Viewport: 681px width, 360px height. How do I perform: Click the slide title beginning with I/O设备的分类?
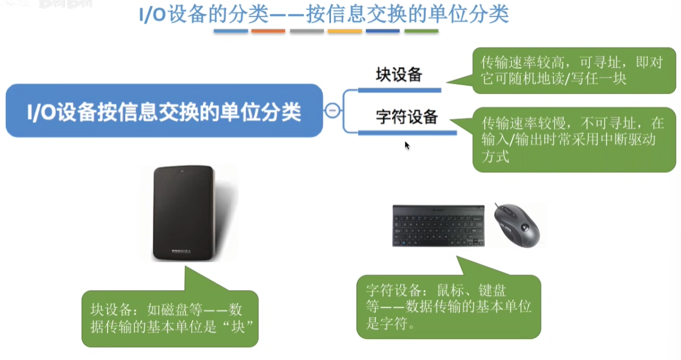pos(323,14)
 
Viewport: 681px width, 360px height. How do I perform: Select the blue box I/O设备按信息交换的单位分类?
pos(164,111)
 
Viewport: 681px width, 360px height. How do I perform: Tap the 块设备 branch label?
pos(399,75)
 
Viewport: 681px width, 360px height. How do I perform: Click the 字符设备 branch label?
pos(407,117)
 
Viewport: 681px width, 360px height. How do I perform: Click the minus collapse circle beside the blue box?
pos(333,111)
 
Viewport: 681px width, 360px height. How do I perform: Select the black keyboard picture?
pos(438,225)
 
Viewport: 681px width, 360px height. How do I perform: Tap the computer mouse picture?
pos(515,225)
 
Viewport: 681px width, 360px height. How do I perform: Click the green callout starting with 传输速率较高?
pos(573,70)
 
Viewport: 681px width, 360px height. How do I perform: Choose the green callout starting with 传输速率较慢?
pos(573,140)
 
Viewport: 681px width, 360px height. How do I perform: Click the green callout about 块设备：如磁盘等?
pos(170,318)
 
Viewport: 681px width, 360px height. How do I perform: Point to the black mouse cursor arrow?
pos(407,145)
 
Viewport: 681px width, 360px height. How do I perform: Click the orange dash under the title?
pos(268,31)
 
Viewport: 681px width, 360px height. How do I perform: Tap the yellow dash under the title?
pos(345,31)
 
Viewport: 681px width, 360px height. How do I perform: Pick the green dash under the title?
pos(421,31)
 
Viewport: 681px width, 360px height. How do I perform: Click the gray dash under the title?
pos(306,31)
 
